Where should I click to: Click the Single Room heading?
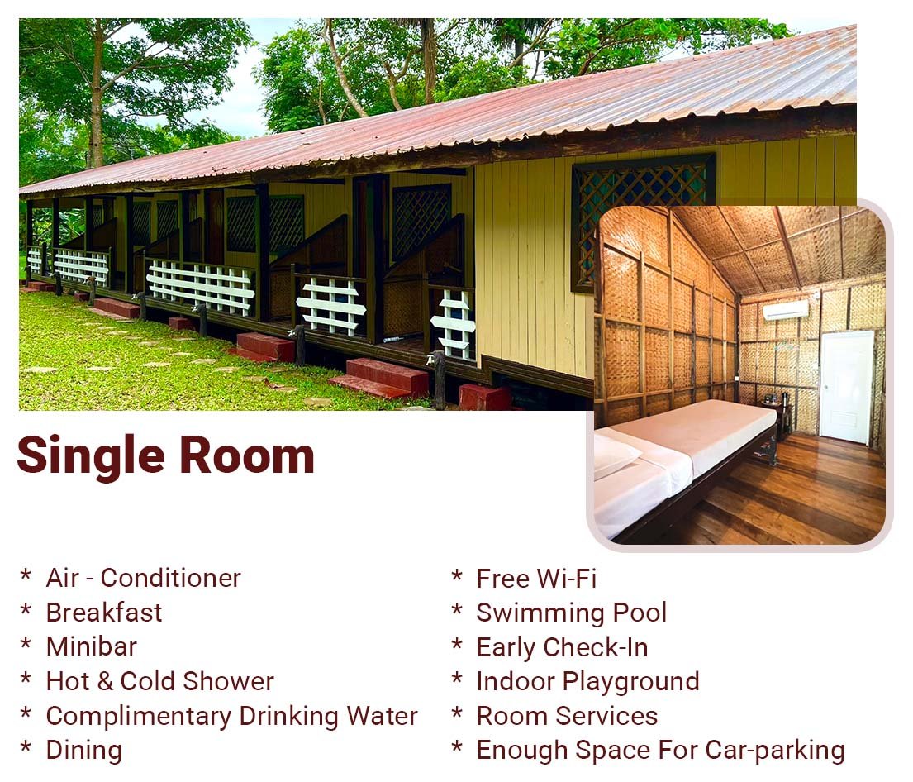(165, 456)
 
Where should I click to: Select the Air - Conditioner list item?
(143, 578)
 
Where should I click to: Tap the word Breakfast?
(104, 613)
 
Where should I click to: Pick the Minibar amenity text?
(92, 646)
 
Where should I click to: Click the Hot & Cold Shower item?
(159, 681)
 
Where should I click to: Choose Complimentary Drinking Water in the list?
(231, 716)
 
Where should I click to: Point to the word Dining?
(83, 751)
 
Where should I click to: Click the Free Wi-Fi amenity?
(536, 579)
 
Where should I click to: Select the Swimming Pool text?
(571, 613)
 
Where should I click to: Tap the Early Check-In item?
(562, 647)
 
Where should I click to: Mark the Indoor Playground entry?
(587, 681)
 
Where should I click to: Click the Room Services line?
(567, 716)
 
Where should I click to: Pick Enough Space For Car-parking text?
(660, 751)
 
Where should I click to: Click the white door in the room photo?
(846, 387)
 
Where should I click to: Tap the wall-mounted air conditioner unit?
(785, 310)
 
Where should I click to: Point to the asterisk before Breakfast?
(26, 610)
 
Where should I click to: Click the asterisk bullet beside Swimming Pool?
(457, 610)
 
